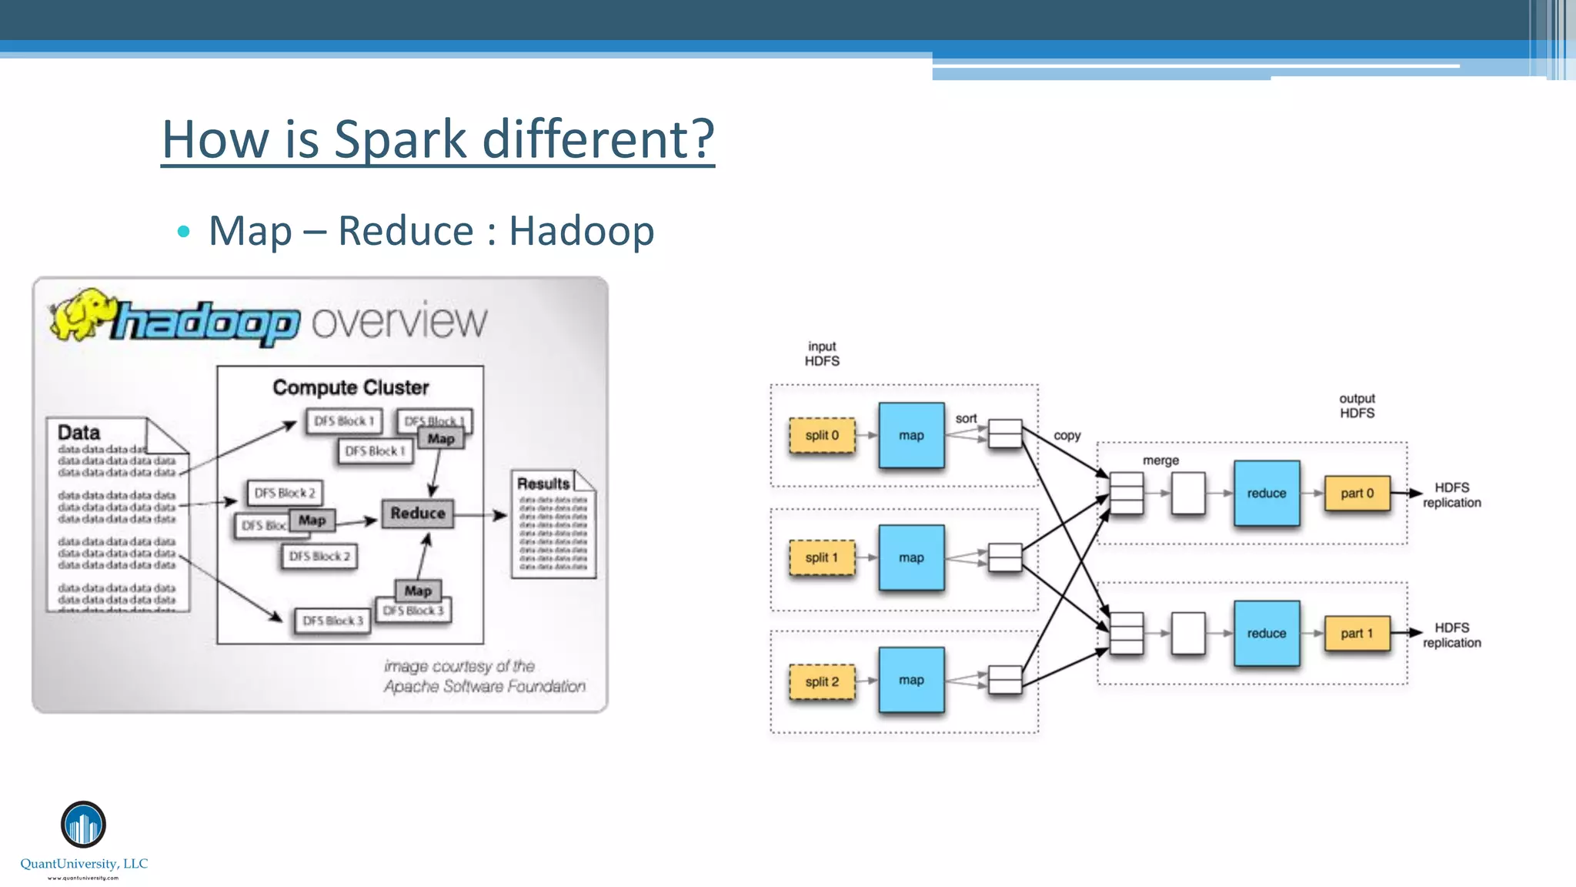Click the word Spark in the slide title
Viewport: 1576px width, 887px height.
(x=400, y=139)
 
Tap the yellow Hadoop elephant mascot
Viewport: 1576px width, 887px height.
(x=81, y=314)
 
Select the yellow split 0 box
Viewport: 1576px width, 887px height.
(x=822, y=436)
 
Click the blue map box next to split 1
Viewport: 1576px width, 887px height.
(x=911, y=557)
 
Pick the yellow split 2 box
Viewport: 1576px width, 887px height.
(x=822, y=681)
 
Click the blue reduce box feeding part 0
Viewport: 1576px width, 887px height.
(x=1266, y=494)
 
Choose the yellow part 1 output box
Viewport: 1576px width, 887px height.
(x=1357, y=634)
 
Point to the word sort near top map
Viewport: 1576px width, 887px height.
(x=966, y=419)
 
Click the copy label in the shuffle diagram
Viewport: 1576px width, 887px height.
(x=1067, y=436)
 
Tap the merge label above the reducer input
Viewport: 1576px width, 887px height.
(x=1160, y=460)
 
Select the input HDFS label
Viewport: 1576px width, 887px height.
(x=822, y=354)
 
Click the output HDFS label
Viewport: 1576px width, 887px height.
(x=1357, y=406)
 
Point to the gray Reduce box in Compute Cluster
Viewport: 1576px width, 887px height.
(x=417, y=514)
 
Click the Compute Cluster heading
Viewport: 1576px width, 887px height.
(x=351, y=387)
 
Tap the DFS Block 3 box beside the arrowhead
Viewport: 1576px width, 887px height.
(x=332, y=621)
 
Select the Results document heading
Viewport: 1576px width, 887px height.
(x=543, y=484)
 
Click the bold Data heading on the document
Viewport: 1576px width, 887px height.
(x=79, y=432)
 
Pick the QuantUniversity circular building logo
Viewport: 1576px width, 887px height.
(x=83, y=824)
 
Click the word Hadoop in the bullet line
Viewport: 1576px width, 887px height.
(x=581, y=231)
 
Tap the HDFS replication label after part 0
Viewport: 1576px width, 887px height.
(x=1451, y=495)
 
